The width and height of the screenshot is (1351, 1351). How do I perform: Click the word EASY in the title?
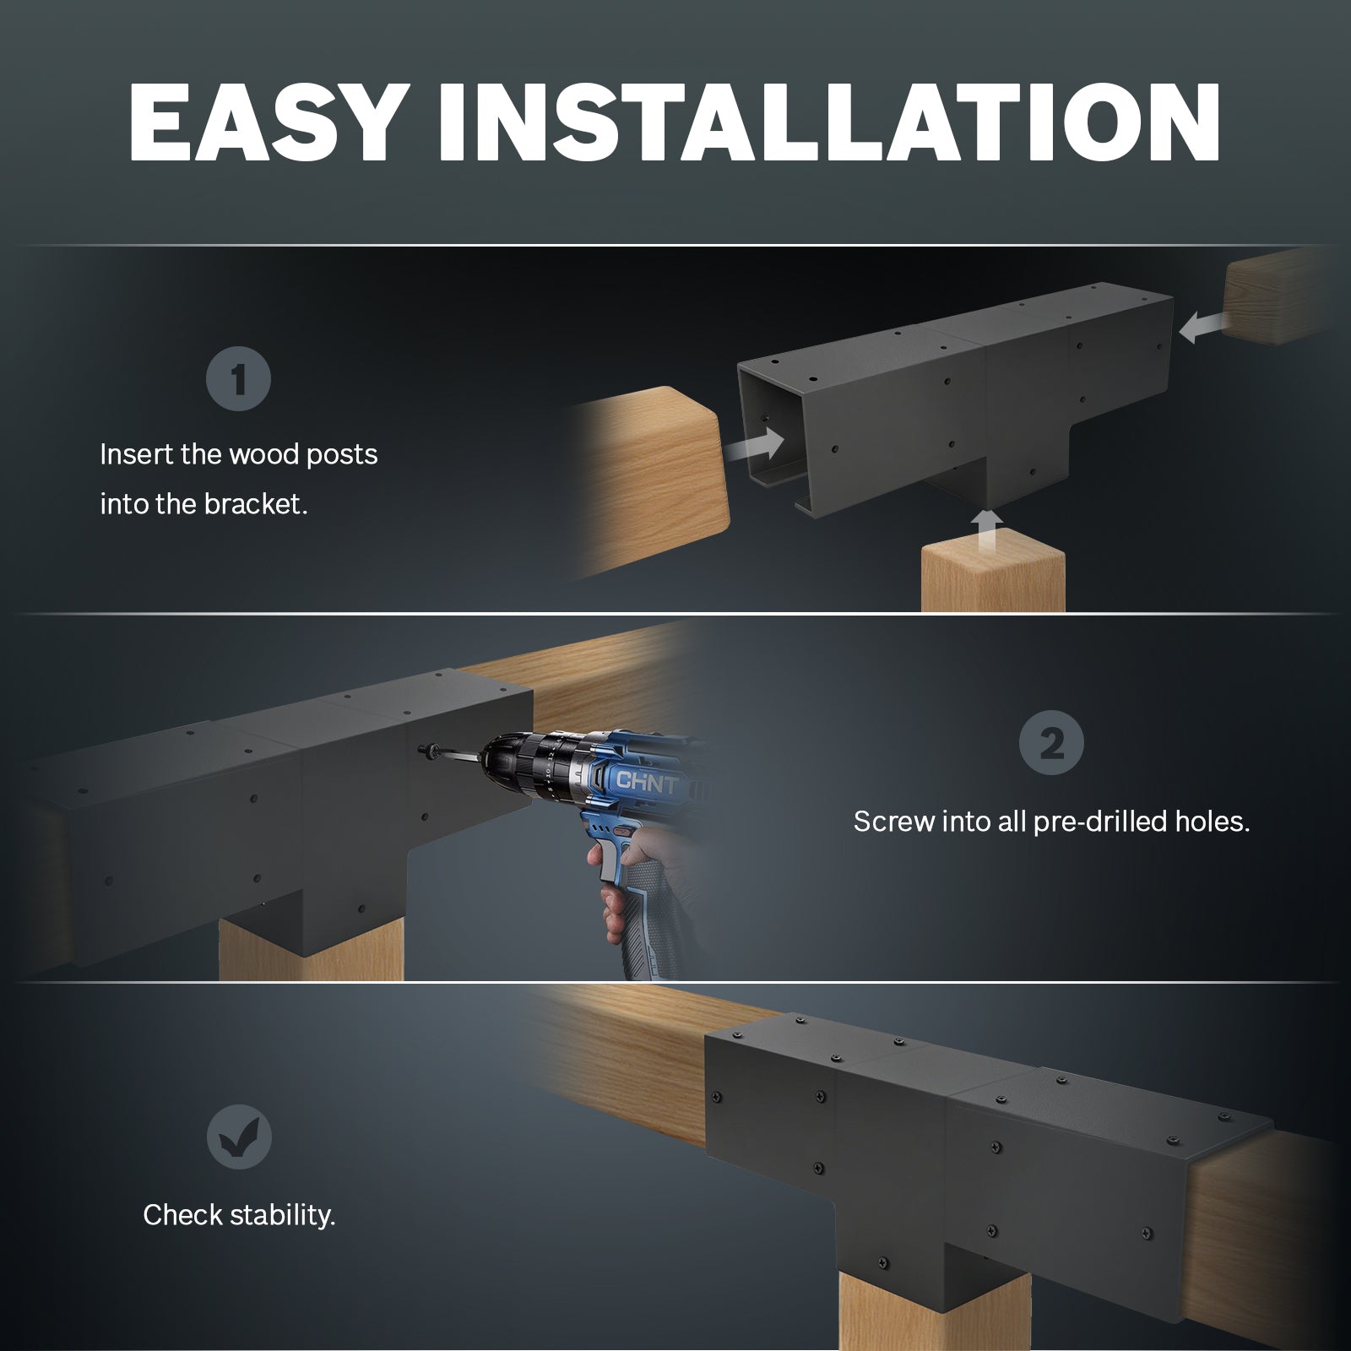[x=264, y=123]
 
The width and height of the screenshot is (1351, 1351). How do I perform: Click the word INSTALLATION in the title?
[x=828, y=123]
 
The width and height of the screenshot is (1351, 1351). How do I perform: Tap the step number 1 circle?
[x=238, y=379]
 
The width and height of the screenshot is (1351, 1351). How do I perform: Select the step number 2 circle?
[x=1051, y=743]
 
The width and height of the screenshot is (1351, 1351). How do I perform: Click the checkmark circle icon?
[x=239, y=1137]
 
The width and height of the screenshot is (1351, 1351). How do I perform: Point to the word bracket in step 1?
[x=256, y=504]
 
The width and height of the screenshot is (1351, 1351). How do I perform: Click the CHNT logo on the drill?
[x=646, y=782]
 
